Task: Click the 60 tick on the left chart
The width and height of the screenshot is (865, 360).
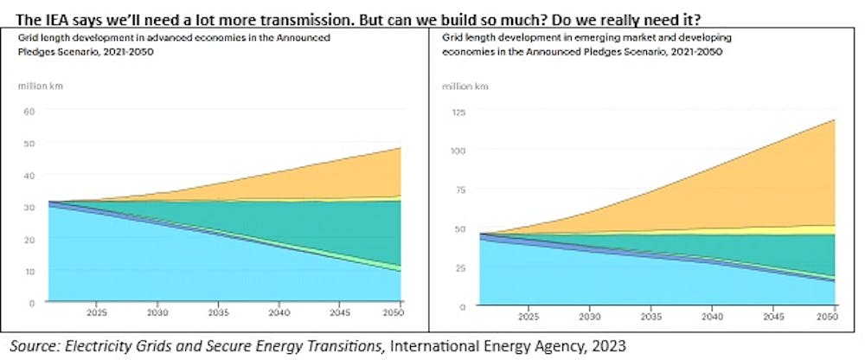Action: (29, 111)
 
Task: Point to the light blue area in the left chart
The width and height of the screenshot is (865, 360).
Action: (130, 260)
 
